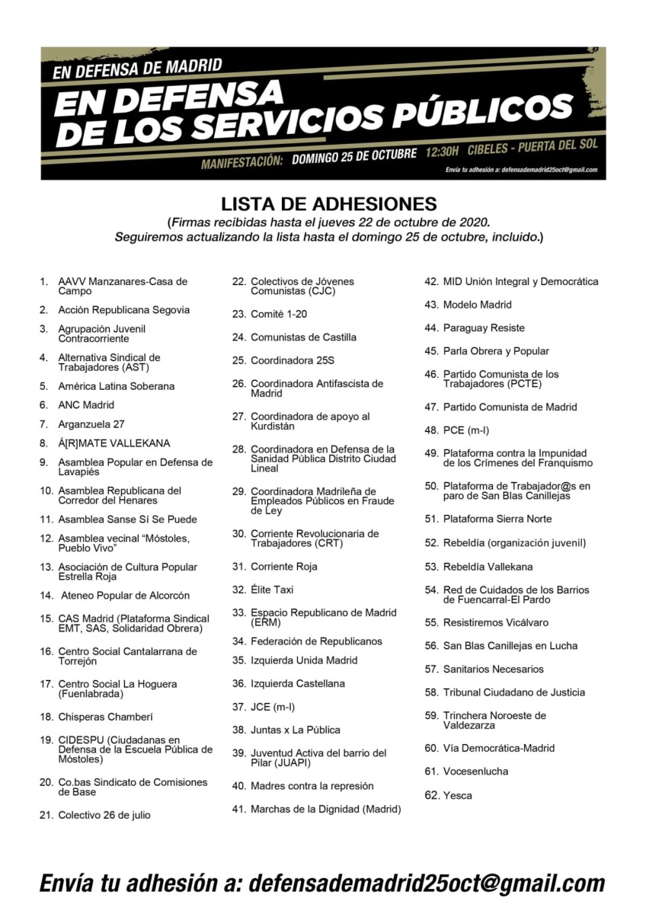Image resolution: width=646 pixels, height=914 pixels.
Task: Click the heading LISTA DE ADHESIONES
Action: pyautogui.click(x=328, y=204)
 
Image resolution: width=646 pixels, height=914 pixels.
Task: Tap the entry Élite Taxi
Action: pyautogui.click(x=272, y=590)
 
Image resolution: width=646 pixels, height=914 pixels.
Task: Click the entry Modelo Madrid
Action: pyautogui.click(x=478, y=305)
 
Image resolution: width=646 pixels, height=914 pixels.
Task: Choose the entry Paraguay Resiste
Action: pyautogui.click(x=484, y=328)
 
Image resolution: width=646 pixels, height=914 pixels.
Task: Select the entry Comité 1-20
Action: pyautogui.click(x=279, y=314)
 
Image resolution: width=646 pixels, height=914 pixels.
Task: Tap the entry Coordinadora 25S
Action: pyautogui.click(x=293, y=360)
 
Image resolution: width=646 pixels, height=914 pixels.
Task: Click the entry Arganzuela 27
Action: pyautogui.click(x=91, y=424)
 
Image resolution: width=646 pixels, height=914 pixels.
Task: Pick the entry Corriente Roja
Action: pyautogui.click(x=283, y=567)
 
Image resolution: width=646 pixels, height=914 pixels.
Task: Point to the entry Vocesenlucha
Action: pyautogui.click(x=475, y=772)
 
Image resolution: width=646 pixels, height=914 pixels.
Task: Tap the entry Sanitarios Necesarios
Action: pyautogui.click(x=494, y=669)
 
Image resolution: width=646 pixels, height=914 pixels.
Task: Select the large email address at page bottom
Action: pyautogui.click(x=427, y=883)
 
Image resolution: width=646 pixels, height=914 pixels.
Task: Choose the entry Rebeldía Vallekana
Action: pyautogui.click(x=488, y=567)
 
